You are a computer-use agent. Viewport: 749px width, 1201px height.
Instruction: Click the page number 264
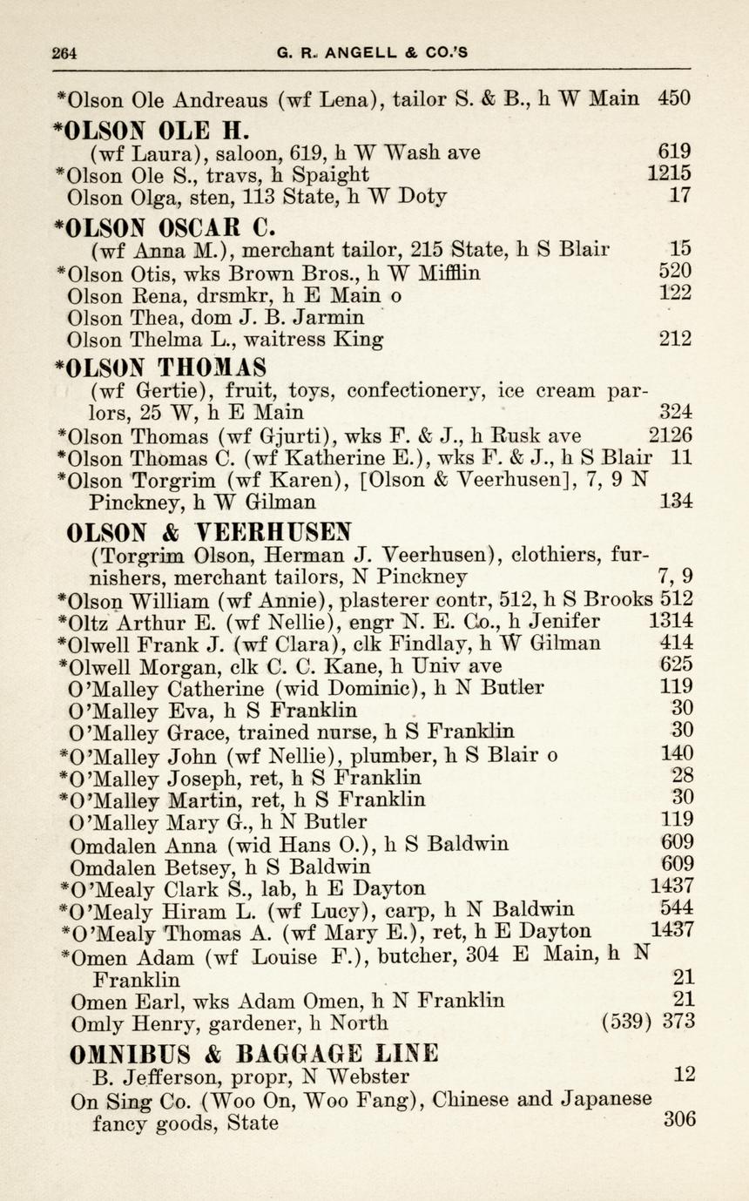[64, 52]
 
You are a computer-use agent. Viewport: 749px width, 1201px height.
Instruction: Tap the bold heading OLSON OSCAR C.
[164, 228]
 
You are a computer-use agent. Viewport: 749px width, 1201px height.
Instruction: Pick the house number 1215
[670, 173]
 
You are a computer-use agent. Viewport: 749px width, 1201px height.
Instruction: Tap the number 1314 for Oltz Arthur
[671, 621]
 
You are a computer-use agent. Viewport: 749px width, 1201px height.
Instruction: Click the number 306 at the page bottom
[679, 1119]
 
